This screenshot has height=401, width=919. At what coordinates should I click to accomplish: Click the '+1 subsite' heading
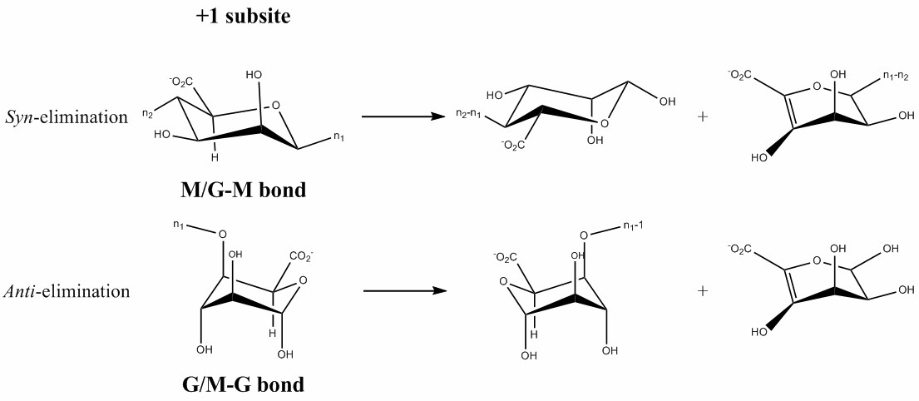click(x=244, y=17)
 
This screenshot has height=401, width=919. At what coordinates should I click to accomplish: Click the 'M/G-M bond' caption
click(x=244, y=191)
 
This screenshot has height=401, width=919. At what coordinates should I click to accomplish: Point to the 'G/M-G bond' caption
click(x=243, y=385)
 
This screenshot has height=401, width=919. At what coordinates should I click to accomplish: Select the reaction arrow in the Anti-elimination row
click(x=405, y=291)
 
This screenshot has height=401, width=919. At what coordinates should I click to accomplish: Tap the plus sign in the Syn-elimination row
click(x=703, y=116)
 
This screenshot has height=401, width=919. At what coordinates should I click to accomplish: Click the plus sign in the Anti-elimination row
click(x=703, y=291)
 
